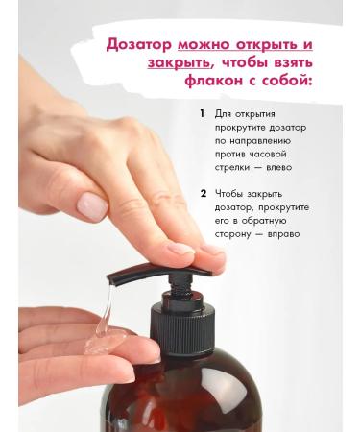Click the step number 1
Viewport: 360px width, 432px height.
tap(202, 113)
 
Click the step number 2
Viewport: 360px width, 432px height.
tap(203, 193)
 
